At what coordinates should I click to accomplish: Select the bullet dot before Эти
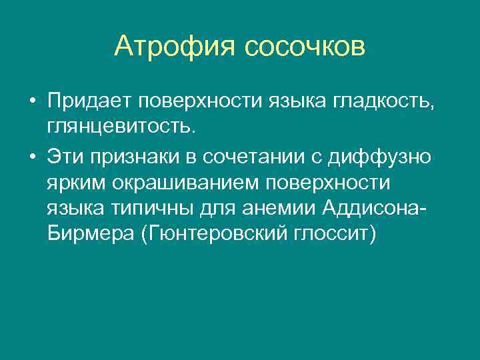tap(32, 158)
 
